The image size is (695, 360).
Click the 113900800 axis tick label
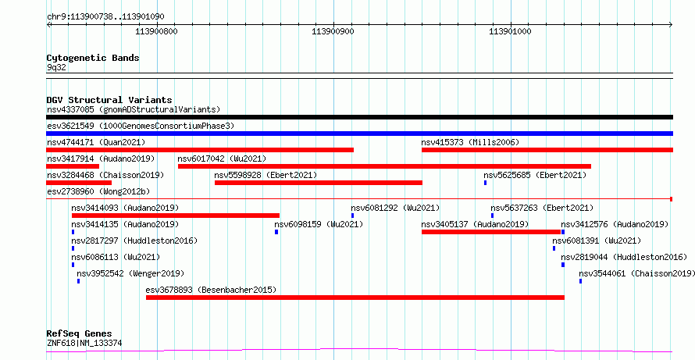click(x=156, y=31)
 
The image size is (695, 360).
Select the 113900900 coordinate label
click(x=333, y=31)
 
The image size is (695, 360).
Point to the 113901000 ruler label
click(x=510, y=31)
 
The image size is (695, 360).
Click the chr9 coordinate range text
click(x=105, y=17)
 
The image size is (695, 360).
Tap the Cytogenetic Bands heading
click(x=93, y=58)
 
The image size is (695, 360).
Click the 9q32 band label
click(x=56, y=67)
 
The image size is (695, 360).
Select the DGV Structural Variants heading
click(x=109, y=100)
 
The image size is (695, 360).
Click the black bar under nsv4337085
click(x=359, y=117)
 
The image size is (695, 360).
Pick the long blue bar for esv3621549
click(x=359, y=134)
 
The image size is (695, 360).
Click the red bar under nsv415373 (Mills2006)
click(x=547, y=150)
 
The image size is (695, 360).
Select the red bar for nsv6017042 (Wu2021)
click(x=384, y=166)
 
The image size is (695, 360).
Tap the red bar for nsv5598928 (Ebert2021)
click(x=319, y=183)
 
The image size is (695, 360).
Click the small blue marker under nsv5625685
click(x=486, y=183)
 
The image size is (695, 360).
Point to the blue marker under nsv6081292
click(x=352, y=216)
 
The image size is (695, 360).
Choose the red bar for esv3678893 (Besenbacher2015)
click(x=355, y=298)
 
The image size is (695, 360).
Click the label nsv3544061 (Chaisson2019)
click(x=636, y=273)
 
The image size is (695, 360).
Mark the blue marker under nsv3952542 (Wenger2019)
click(x=78, y=281)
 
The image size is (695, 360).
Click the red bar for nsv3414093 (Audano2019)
click(x=176, y=216)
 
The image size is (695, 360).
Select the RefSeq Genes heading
click(x=80, y=333)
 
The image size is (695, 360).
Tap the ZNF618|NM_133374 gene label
click(x=84, y=343)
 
